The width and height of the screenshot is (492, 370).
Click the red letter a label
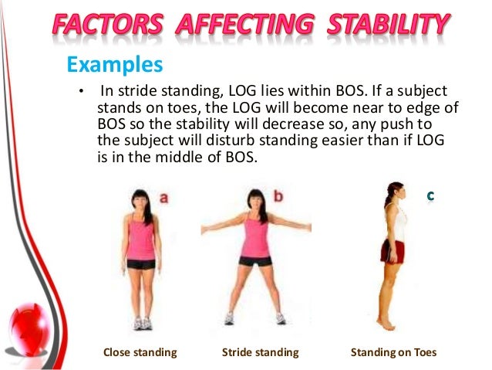click(163, 198)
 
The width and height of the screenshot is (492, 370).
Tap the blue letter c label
click(430, 198)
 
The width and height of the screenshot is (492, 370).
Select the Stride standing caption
click(260, 353)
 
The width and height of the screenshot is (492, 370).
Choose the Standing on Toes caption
click(393, 353)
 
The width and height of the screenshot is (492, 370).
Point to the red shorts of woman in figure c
click(392, 251)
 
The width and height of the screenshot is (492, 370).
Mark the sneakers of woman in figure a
click(142, 323)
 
